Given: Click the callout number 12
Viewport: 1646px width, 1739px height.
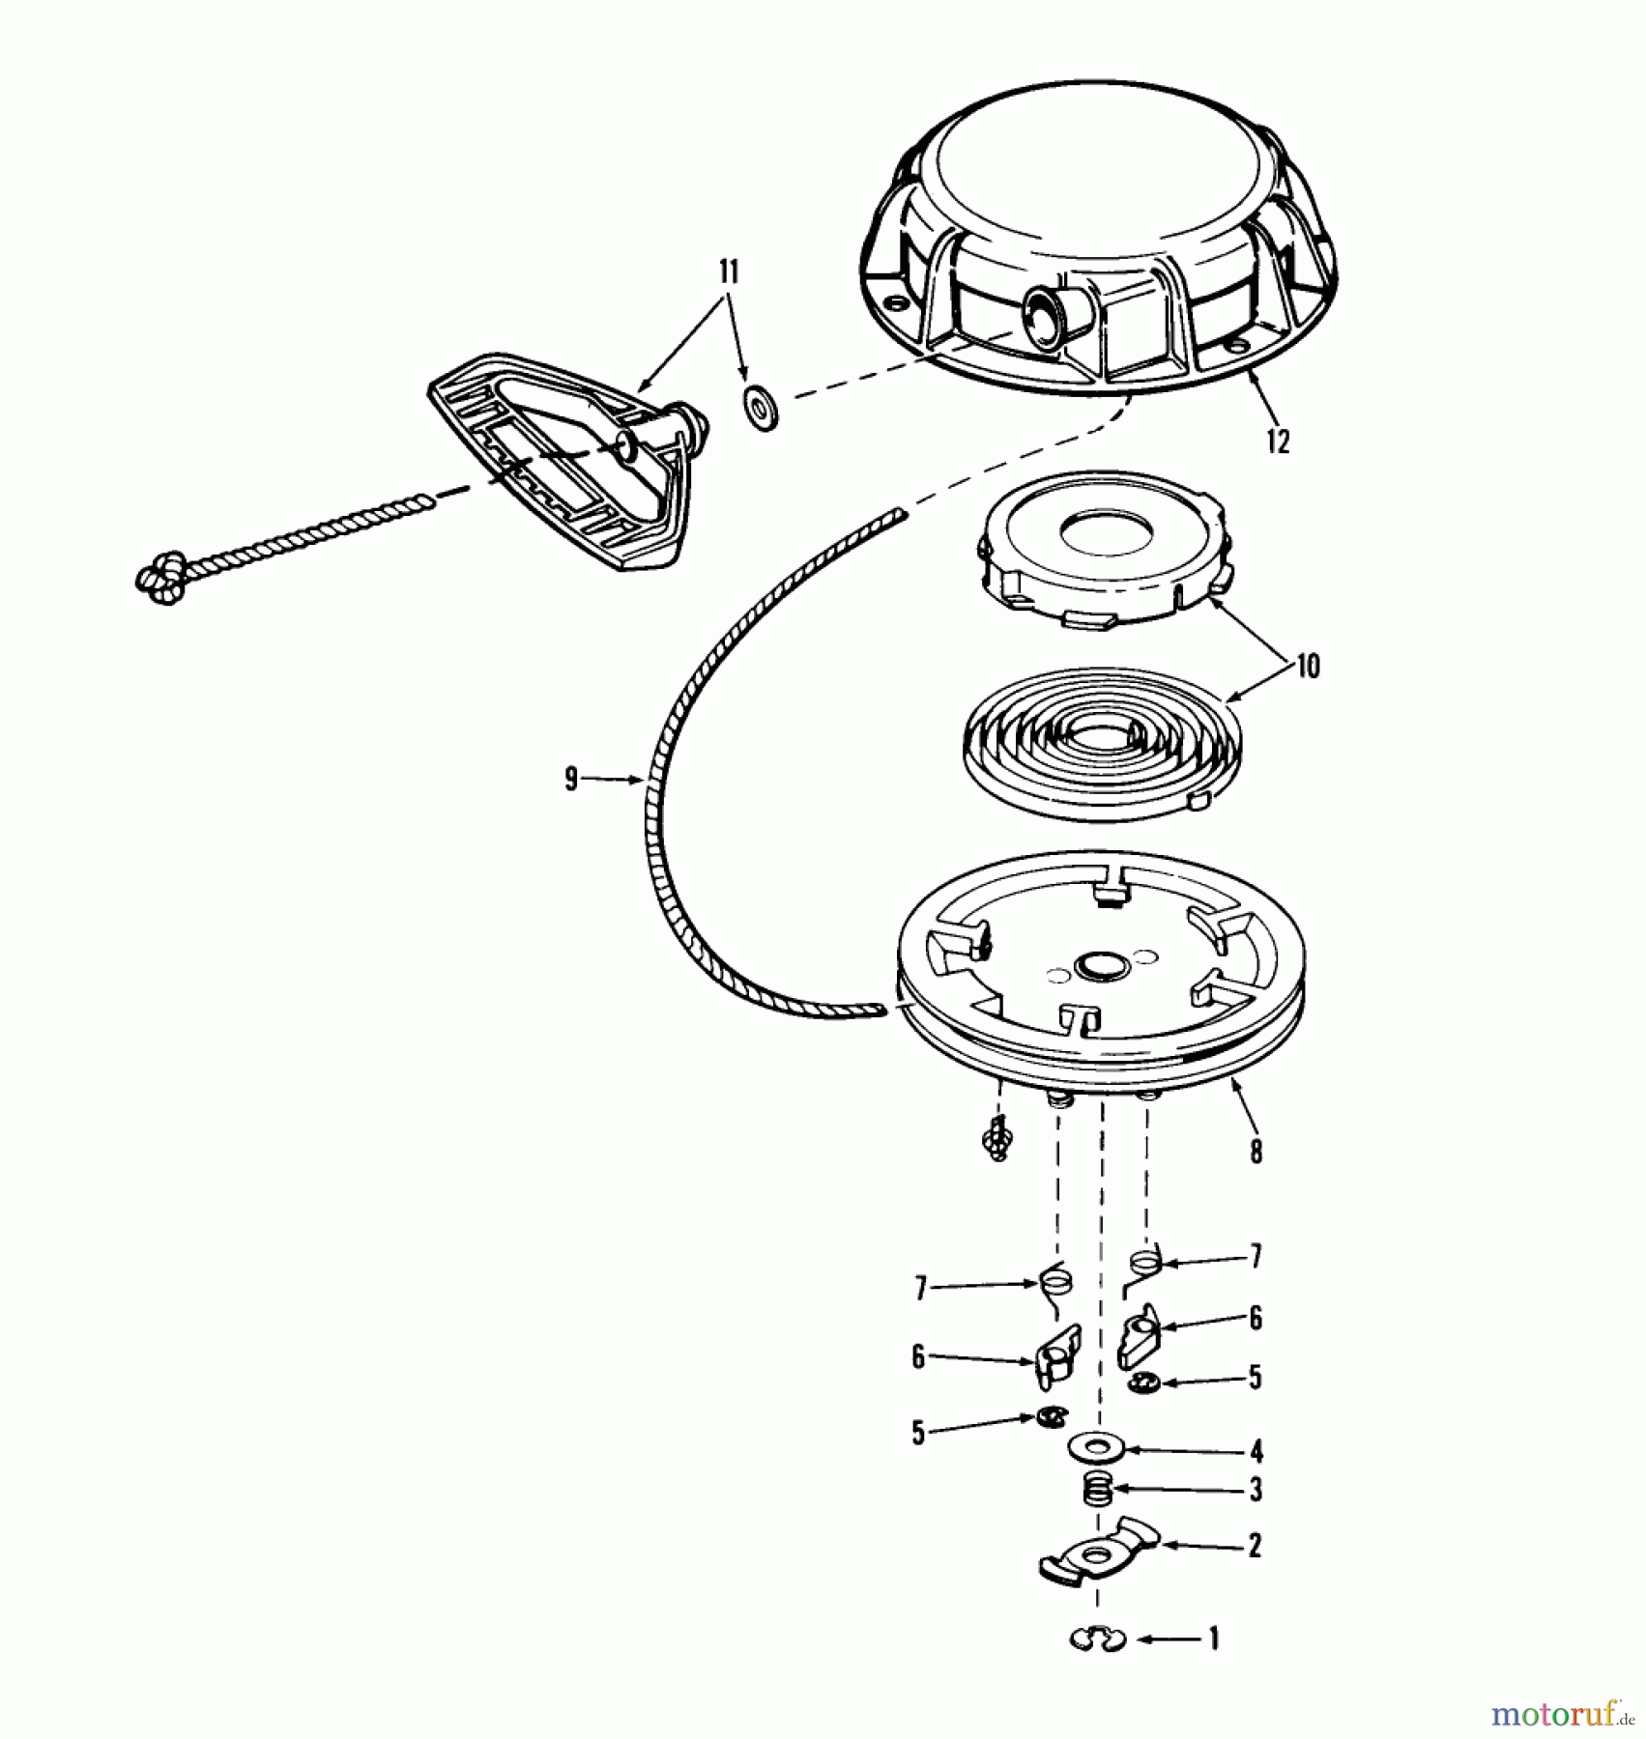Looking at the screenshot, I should (x=1278, y=442).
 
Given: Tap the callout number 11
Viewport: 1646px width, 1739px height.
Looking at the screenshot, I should (x=729, y=272).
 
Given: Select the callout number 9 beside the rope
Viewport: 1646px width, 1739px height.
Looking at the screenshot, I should (x=571, y=779).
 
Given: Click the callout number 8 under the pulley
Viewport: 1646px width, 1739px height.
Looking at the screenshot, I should (x=1255, y=1151).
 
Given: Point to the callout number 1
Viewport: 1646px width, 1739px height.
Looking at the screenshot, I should (x=1214, y=1639).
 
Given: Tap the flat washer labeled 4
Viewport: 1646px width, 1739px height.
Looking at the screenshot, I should (x=1092, y=1448).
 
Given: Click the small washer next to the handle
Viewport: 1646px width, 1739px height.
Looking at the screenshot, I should (x=762, y=409).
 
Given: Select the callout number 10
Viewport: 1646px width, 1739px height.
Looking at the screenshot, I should (x=1307, y=667).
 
